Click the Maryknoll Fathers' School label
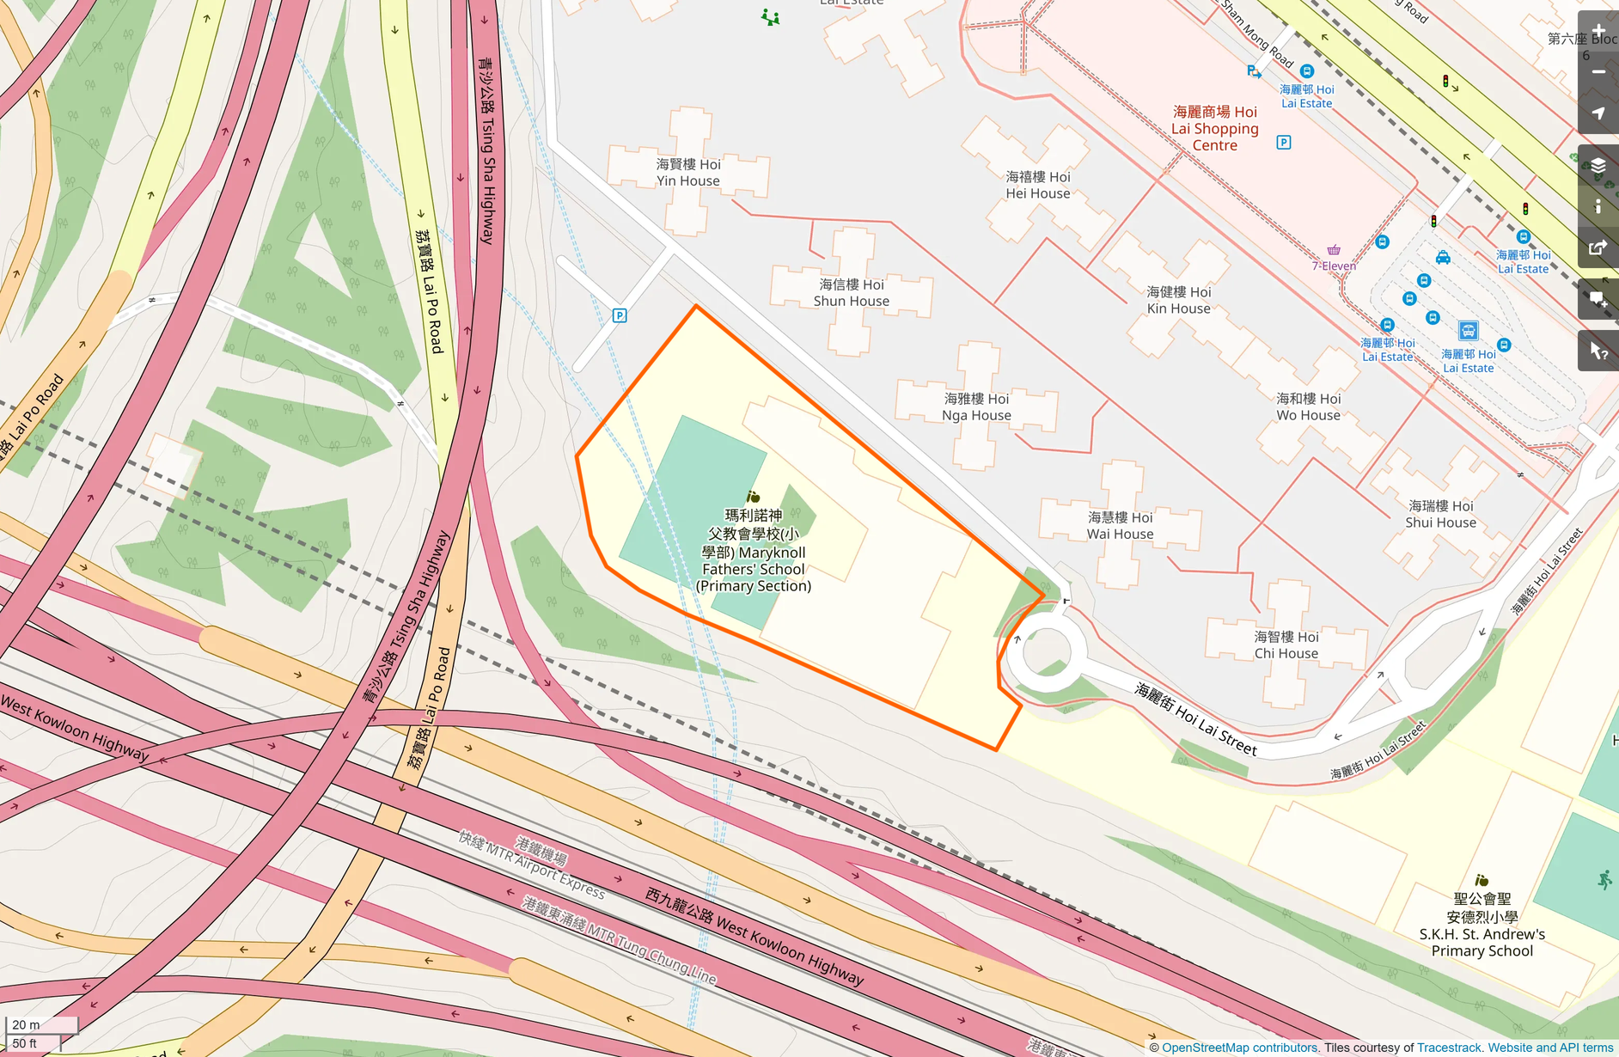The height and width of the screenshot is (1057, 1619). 754,551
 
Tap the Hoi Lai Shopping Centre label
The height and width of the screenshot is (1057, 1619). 1214,129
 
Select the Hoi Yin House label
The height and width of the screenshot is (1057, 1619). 688,173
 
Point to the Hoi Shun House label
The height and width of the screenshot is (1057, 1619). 851,293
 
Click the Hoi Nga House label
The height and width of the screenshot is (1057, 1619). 976,407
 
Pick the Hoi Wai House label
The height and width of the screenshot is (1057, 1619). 1120,526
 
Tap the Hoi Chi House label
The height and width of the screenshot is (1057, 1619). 1286,645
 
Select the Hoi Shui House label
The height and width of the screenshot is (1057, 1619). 1440,514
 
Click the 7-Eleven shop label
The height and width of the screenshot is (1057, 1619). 1334,266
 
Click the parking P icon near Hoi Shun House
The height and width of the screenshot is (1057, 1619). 620,315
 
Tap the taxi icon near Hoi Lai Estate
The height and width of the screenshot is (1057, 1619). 1443,258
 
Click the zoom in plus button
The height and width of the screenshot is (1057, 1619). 1598,32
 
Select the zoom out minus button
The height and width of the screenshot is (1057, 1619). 1598,72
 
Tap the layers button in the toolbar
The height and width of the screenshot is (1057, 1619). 1598,166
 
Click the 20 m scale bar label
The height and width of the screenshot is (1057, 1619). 27,1024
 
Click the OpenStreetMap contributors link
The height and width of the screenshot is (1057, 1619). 1239,1048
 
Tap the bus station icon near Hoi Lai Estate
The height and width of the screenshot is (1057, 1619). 1468,331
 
